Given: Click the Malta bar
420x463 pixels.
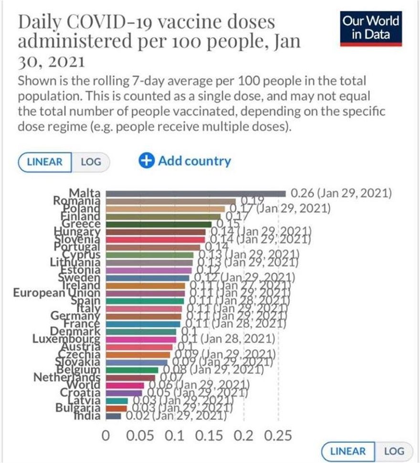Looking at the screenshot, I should [196, 194].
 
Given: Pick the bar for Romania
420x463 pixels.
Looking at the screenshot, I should [170, 201].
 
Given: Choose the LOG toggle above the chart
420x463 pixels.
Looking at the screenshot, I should [91, 161].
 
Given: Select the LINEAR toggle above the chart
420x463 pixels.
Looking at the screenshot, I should [45, 161].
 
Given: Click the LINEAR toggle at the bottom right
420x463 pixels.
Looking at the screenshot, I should [348, 451].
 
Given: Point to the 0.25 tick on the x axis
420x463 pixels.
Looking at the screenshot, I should [278, 436].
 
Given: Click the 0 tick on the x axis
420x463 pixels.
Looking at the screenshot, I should [106, 436].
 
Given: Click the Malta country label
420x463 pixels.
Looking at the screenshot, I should [85, 193].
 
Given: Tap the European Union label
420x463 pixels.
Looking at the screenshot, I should [56, 292].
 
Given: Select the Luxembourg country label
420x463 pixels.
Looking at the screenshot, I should [66, 339].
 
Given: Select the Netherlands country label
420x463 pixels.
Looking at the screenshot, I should [66, 377].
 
